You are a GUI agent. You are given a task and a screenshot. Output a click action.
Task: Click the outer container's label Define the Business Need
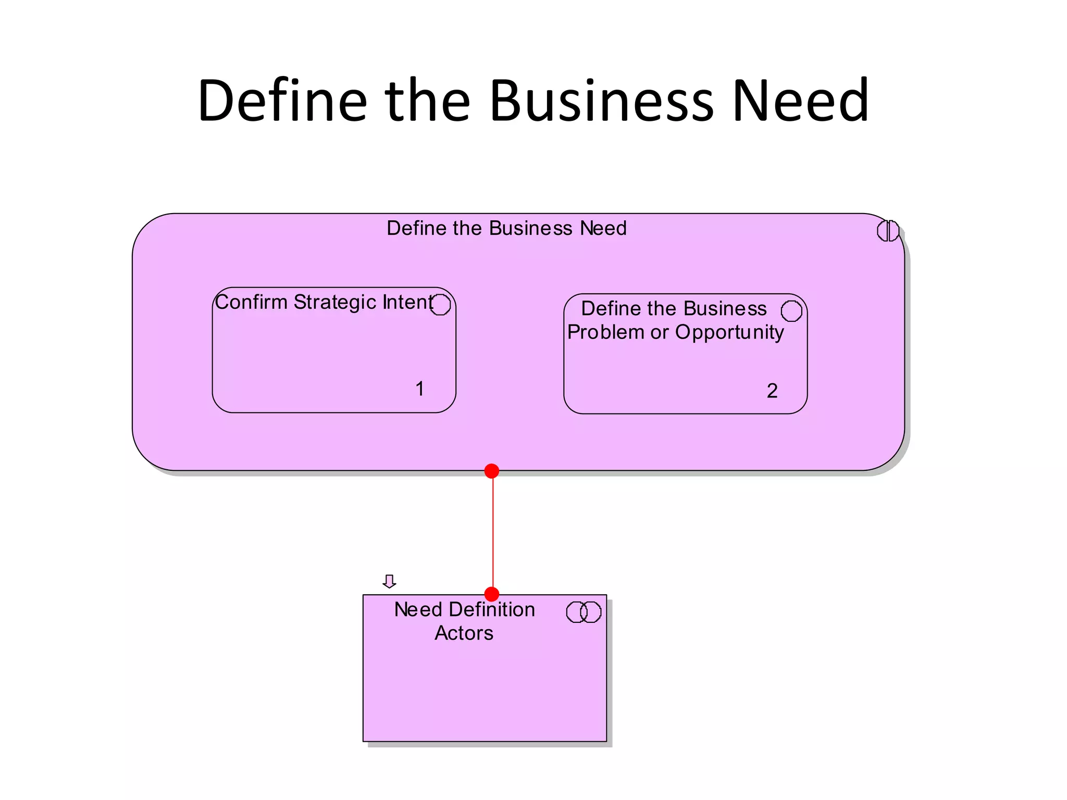click(x=506, y=228)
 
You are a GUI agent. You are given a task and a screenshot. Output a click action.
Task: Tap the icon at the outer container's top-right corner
click(x=888, y=231)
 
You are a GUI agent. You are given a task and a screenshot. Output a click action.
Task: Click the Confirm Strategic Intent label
click(x=324, y=302)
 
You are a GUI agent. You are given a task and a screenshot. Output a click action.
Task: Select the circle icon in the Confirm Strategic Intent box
click(x=440, y=305)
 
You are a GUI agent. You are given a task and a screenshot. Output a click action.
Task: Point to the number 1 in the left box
click(x=420, y=389)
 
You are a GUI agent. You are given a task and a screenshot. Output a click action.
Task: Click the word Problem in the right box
click(x=605, y=332)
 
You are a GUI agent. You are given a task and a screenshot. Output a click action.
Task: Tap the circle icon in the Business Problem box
click(x=791, y=311)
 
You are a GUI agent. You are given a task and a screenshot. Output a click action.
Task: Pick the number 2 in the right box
click(x=772, y=391)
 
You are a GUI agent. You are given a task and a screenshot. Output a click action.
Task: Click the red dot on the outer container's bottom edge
click(x=492, y=471)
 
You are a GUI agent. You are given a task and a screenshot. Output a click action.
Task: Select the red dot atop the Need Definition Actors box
click(x=492, y=594)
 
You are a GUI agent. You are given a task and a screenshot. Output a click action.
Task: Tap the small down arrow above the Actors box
click(x=389, y=581)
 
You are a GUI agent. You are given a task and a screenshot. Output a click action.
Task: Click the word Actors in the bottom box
click(x=464, y=633)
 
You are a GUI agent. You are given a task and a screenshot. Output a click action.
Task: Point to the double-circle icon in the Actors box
click(x=584, y=612)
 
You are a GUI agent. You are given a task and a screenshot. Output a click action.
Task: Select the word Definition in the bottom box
click(x=492, y=609)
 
